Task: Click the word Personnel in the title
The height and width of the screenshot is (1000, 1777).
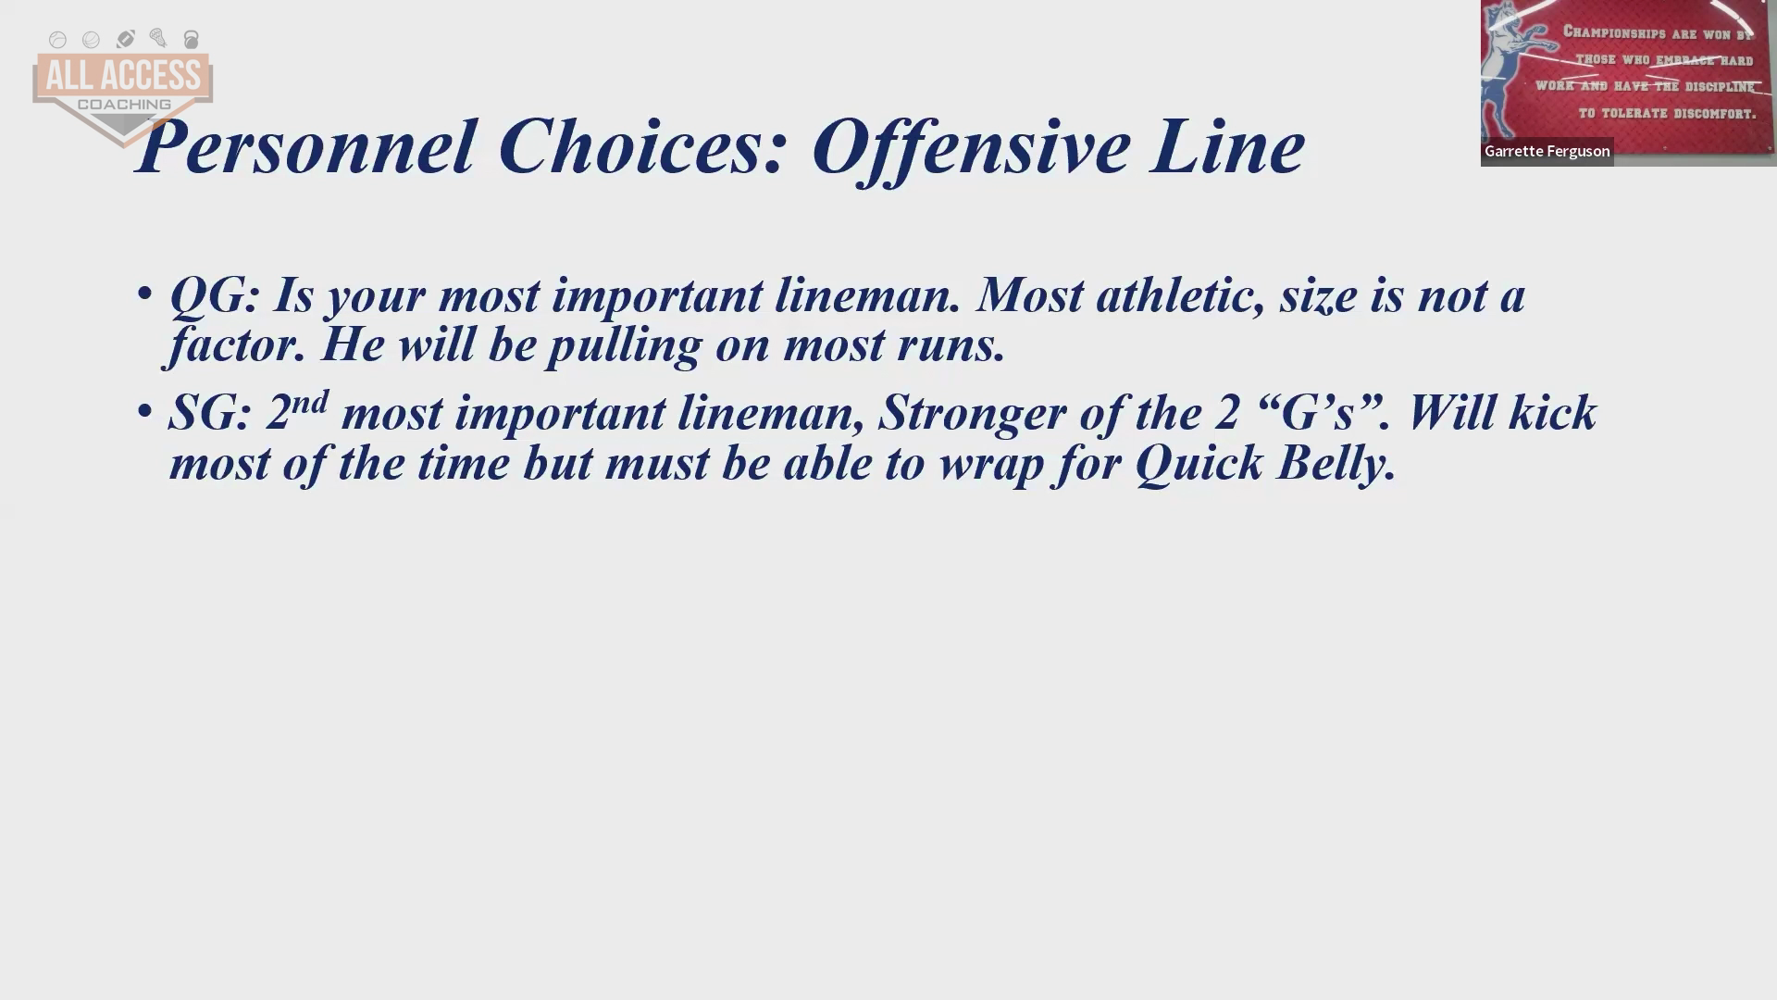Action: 305,146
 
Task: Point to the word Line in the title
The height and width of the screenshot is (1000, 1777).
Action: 1227,145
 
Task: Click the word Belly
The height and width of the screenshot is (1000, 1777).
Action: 1336,464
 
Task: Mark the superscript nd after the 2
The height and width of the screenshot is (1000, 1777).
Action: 310,402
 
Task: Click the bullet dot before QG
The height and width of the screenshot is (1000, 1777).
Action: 144,294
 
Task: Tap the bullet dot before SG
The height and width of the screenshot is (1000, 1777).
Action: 144,409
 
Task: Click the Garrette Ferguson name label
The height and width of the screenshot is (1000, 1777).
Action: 1547,151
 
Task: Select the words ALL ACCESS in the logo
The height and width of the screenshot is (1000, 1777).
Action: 123,76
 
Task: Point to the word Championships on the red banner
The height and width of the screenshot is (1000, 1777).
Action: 1614,32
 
